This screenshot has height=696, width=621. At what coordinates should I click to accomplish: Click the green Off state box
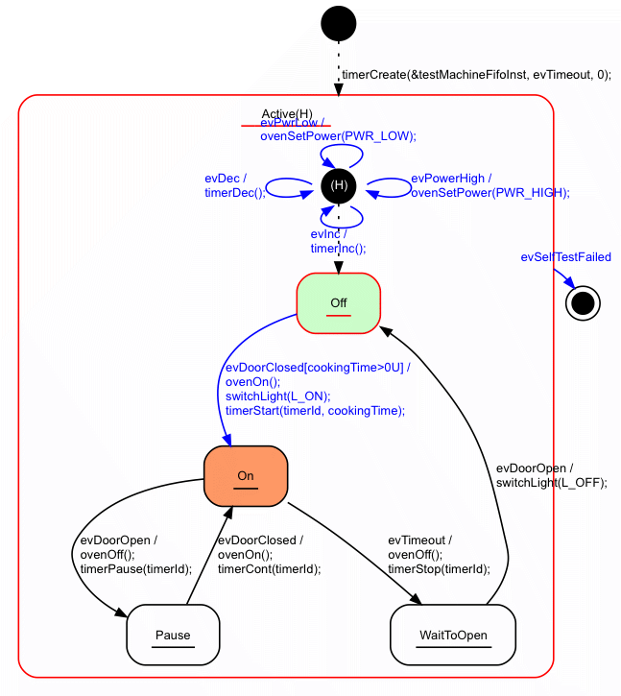coord(339,303)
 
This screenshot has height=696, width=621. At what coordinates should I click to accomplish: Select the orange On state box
coord(246,476)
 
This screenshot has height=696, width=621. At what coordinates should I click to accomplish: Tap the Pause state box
coord(173,635)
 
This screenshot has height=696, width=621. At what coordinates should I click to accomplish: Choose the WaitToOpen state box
coord(453,635)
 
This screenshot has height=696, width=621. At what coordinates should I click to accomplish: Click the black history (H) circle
coord(339,183)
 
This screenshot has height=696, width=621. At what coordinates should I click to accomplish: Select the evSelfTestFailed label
coord(565,257)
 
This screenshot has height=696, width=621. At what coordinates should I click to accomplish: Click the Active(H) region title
coord(287,114)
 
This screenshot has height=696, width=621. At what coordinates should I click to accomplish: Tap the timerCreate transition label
coord(476,74)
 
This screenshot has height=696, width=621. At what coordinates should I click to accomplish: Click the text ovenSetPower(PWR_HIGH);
coord(490,192)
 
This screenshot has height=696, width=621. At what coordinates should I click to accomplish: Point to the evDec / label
coord(226,179)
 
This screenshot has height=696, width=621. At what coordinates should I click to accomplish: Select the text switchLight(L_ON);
coord(277,396)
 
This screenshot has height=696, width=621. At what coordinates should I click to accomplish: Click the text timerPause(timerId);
coord(135,568)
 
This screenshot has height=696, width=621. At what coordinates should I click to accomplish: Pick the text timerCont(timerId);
coord(269,568)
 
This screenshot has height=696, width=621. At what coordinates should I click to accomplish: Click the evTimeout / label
coord(419,540)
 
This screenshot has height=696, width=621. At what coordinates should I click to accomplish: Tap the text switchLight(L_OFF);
coord(551,483)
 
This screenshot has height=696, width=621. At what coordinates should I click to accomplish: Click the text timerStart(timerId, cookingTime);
coord(315,410)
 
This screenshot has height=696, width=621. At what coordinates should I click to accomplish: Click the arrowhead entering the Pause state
coord(122,613)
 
